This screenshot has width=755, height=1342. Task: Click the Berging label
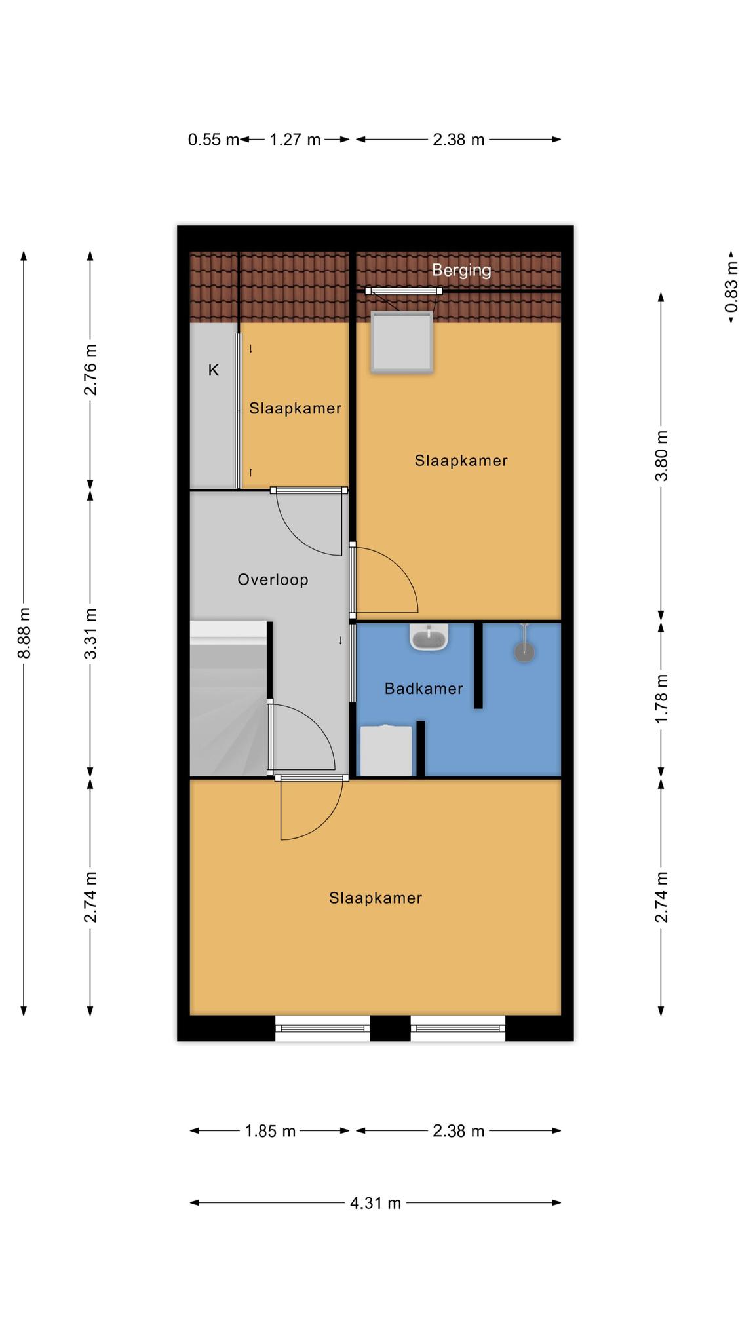(x=461, y=270)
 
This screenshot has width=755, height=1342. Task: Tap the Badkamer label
(x=423, y=689)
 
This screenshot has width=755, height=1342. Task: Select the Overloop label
(x=273, y=580)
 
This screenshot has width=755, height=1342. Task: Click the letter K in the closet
(x=213, y=370)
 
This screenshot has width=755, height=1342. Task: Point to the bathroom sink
(x=429, y=636)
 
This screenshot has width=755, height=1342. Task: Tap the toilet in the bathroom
(x=386, y=750)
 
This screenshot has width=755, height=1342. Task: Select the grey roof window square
(x=402, y=342)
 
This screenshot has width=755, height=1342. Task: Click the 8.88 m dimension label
(x=24, y=633)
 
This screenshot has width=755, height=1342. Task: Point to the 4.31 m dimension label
(x=376, y=1203)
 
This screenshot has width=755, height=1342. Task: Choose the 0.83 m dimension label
(x=731, y=287)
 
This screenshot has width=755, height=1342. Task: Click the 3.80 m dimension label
(x=662, y=455)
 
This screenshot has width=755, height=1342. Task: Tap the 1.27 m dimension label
(x=295, y=140)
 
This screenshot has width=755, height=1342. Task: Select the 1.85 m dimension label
(x=270, y=1131)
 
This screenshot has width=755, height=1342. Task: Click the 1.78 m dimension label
(x=662, y=699)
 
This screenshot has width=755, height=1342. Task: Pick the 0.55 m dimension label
(x=214, y=140)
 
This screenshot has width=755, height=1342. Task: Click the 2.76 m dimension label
(x=90, y=370)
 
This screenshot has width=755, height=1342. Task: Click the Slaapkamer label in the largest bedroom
(x=376, y=898)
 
